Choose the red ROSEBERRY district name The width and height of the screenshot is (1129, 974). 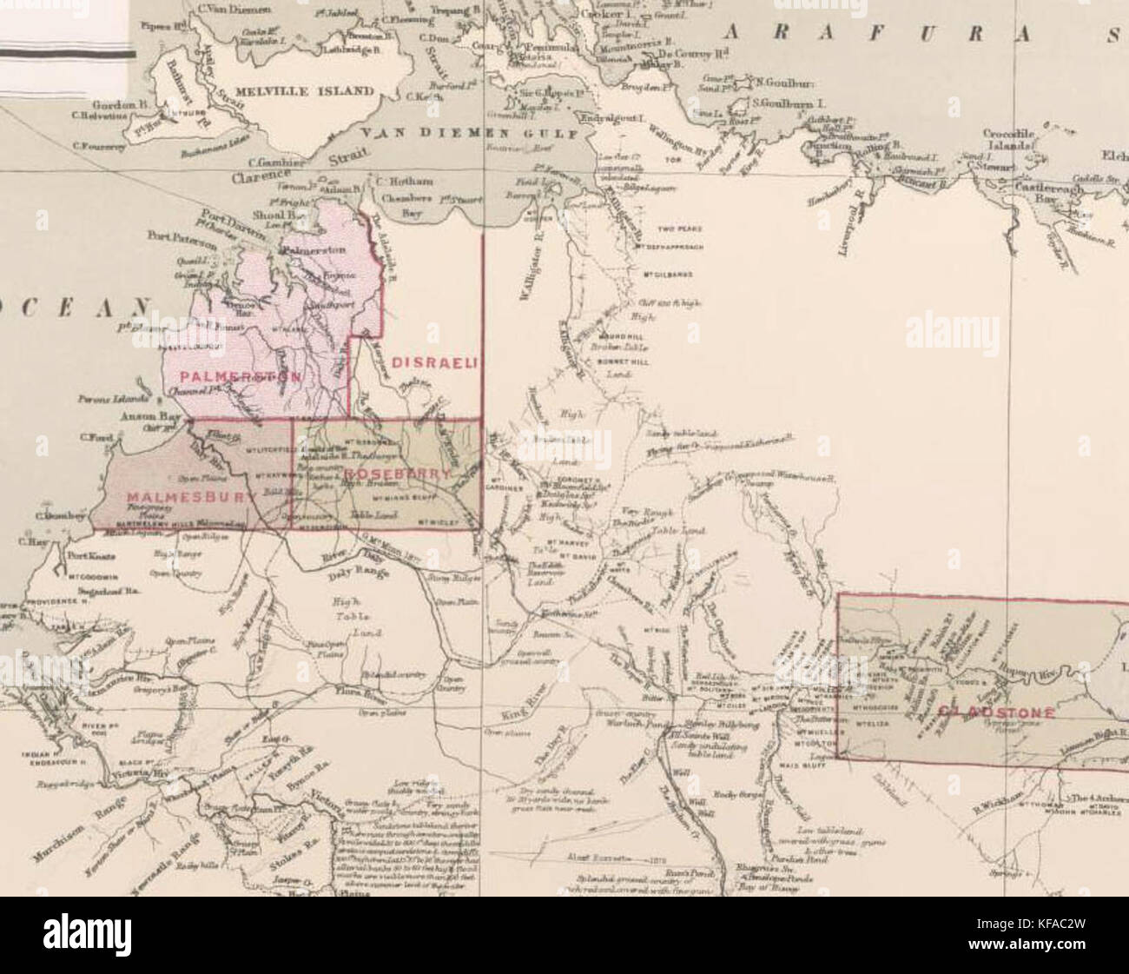[397, 474]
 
